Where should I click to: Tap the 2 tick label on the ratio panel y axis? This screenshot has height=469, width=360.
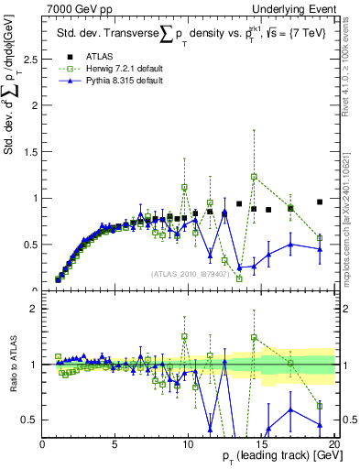(x=34, y=309)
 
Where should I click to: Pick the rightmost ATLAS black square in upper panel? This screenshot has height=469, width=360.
(x=320, y=202)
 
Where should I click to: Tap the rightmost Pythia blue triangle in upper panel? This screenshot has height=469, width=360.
(x=320, y=248)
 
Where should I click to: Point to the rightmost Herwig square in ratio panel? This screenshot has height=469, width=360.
(x=320, y=405)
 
